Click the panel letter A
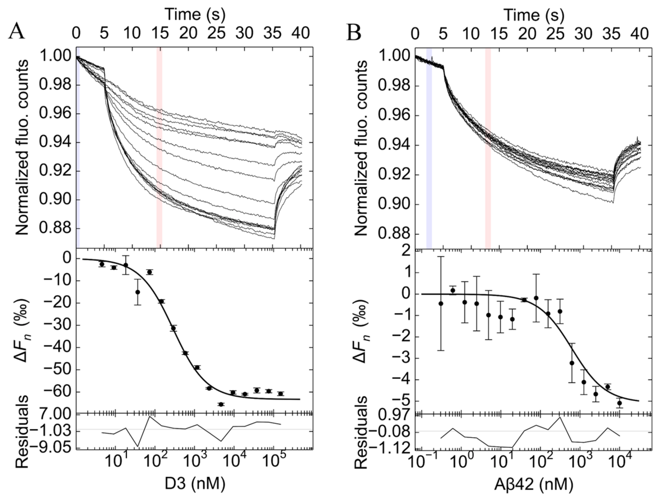pos(16,32)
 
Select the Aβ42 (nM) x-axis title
pos(533,484)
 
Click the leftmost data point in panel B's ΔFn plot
pos(441,303)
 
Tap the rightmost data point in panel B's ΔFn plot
pos(619,403)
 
